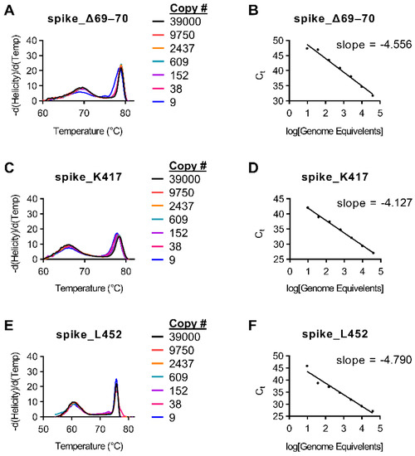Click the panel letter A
(7, 9)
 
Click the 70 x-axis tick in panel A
(82, 109)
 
